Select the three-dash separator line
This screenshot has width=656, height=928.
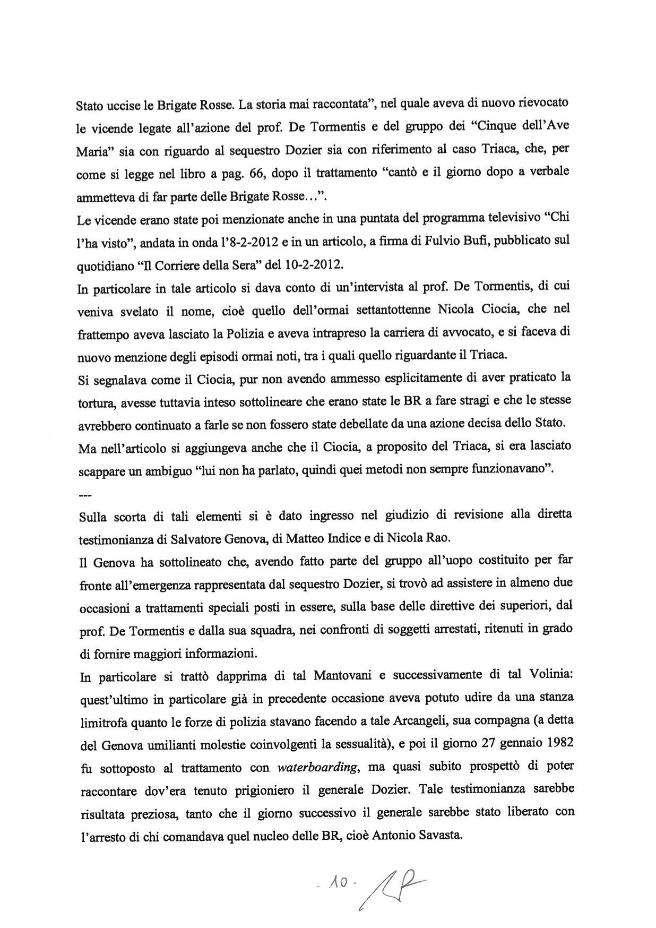(84, 496)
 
